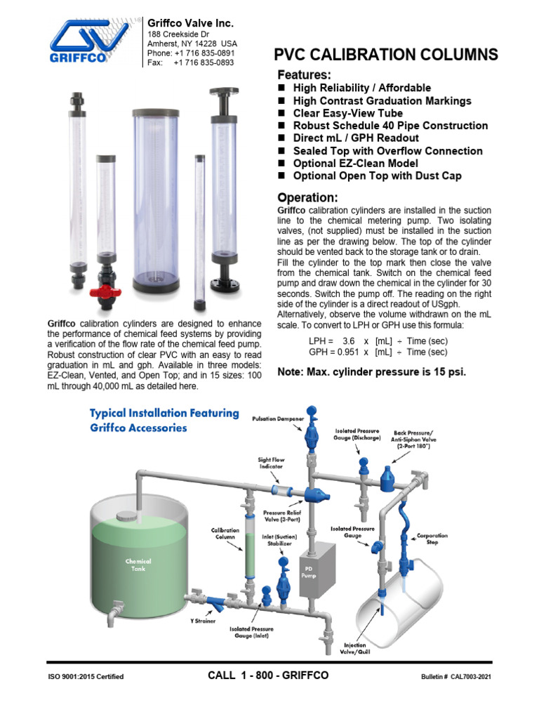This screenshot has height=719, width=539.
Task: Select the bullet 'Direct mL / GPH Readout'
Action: [355, 138]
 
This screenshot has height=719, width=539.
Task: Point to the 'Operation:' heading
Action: [307, 197]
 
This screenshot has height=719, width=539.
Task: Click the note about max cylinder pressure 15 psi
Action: [371, 371]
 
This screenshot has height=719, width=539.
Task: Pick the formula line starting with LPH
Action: [378, 341]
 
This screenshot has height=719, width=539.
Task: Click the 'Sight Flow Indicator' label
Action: [271, 464]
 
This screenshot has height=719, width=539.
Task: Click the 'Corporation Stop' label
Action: [432, 539]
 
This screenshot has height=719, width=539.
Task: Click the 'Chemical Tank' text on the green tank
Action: [138, 565]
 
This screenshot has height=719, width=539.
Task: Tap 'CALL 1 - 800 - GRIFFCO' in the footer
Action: [268, 675]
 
